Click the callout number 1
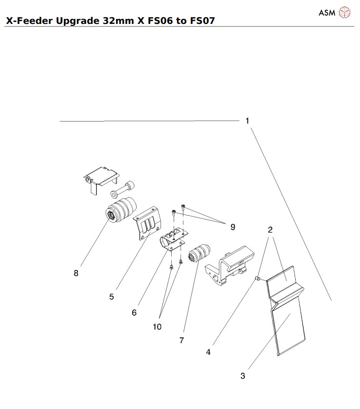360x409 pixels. point(247,120)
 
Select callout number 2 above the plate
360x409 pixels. point(270,229)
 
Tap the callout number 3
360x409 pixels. point(242,376)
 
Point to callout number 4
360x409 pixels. point(208,351)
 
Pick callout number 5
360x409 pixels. point(112,296)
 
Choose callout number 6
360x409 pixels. point(134,313)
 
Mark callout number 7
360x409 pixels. point(181,341)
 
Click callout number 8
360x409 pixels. point(76,273)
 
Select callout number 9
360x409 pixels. point(233,226)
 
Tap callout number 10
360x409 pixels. point(157,327)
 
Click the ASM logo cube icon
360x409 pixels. point(345,12)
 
